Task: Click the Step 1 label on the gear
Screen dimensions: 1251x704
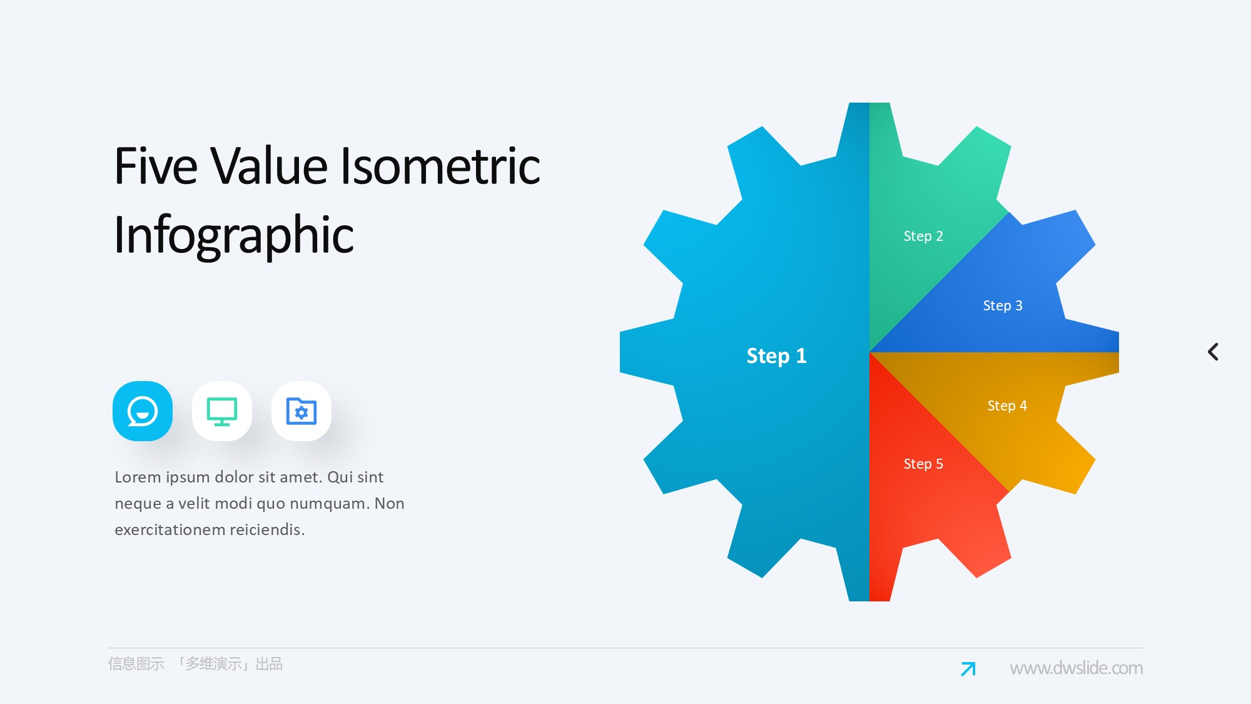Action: click(776, 355)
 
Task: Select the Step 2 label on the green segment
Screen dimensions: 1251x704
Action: click(923, 236)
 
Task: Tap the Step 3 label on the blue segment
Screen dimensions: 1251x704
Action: click(1003, 305)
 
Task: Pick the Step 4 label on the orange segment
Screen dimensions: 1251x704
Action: click(1007, 406)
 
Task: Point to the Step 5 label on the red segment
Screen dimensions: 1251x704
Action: click(923, 464)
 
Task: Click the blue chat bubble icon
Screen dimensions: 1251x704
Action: click(143, 411)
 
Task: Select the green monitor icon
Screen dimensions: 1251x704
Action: click(222, 411)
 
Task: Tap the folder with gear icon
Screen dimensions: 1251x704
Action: click(301, 411)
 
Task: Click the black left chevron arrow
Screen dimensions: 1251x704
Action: click(1213, 352)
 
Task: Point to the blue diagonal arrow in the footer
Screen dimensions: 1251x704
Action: click(968, 669)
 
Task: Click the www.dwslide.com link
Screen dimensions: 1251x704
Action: click(1076, 668)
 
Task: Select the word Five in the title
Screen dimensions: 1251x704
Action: click(156, 166)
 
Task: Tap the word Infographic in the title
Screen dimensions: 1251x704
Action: click(234, 235)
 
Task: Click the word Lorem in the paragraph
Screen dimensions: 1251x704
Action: click(138, 477)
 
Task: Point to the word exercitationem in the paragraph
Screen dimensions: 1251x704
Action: click(170, 529)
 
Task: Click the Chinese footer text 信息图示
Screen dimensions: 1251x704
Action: click(136, 664)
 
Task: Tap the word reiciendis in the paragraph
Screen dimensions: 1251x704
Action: click(267, 529)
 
